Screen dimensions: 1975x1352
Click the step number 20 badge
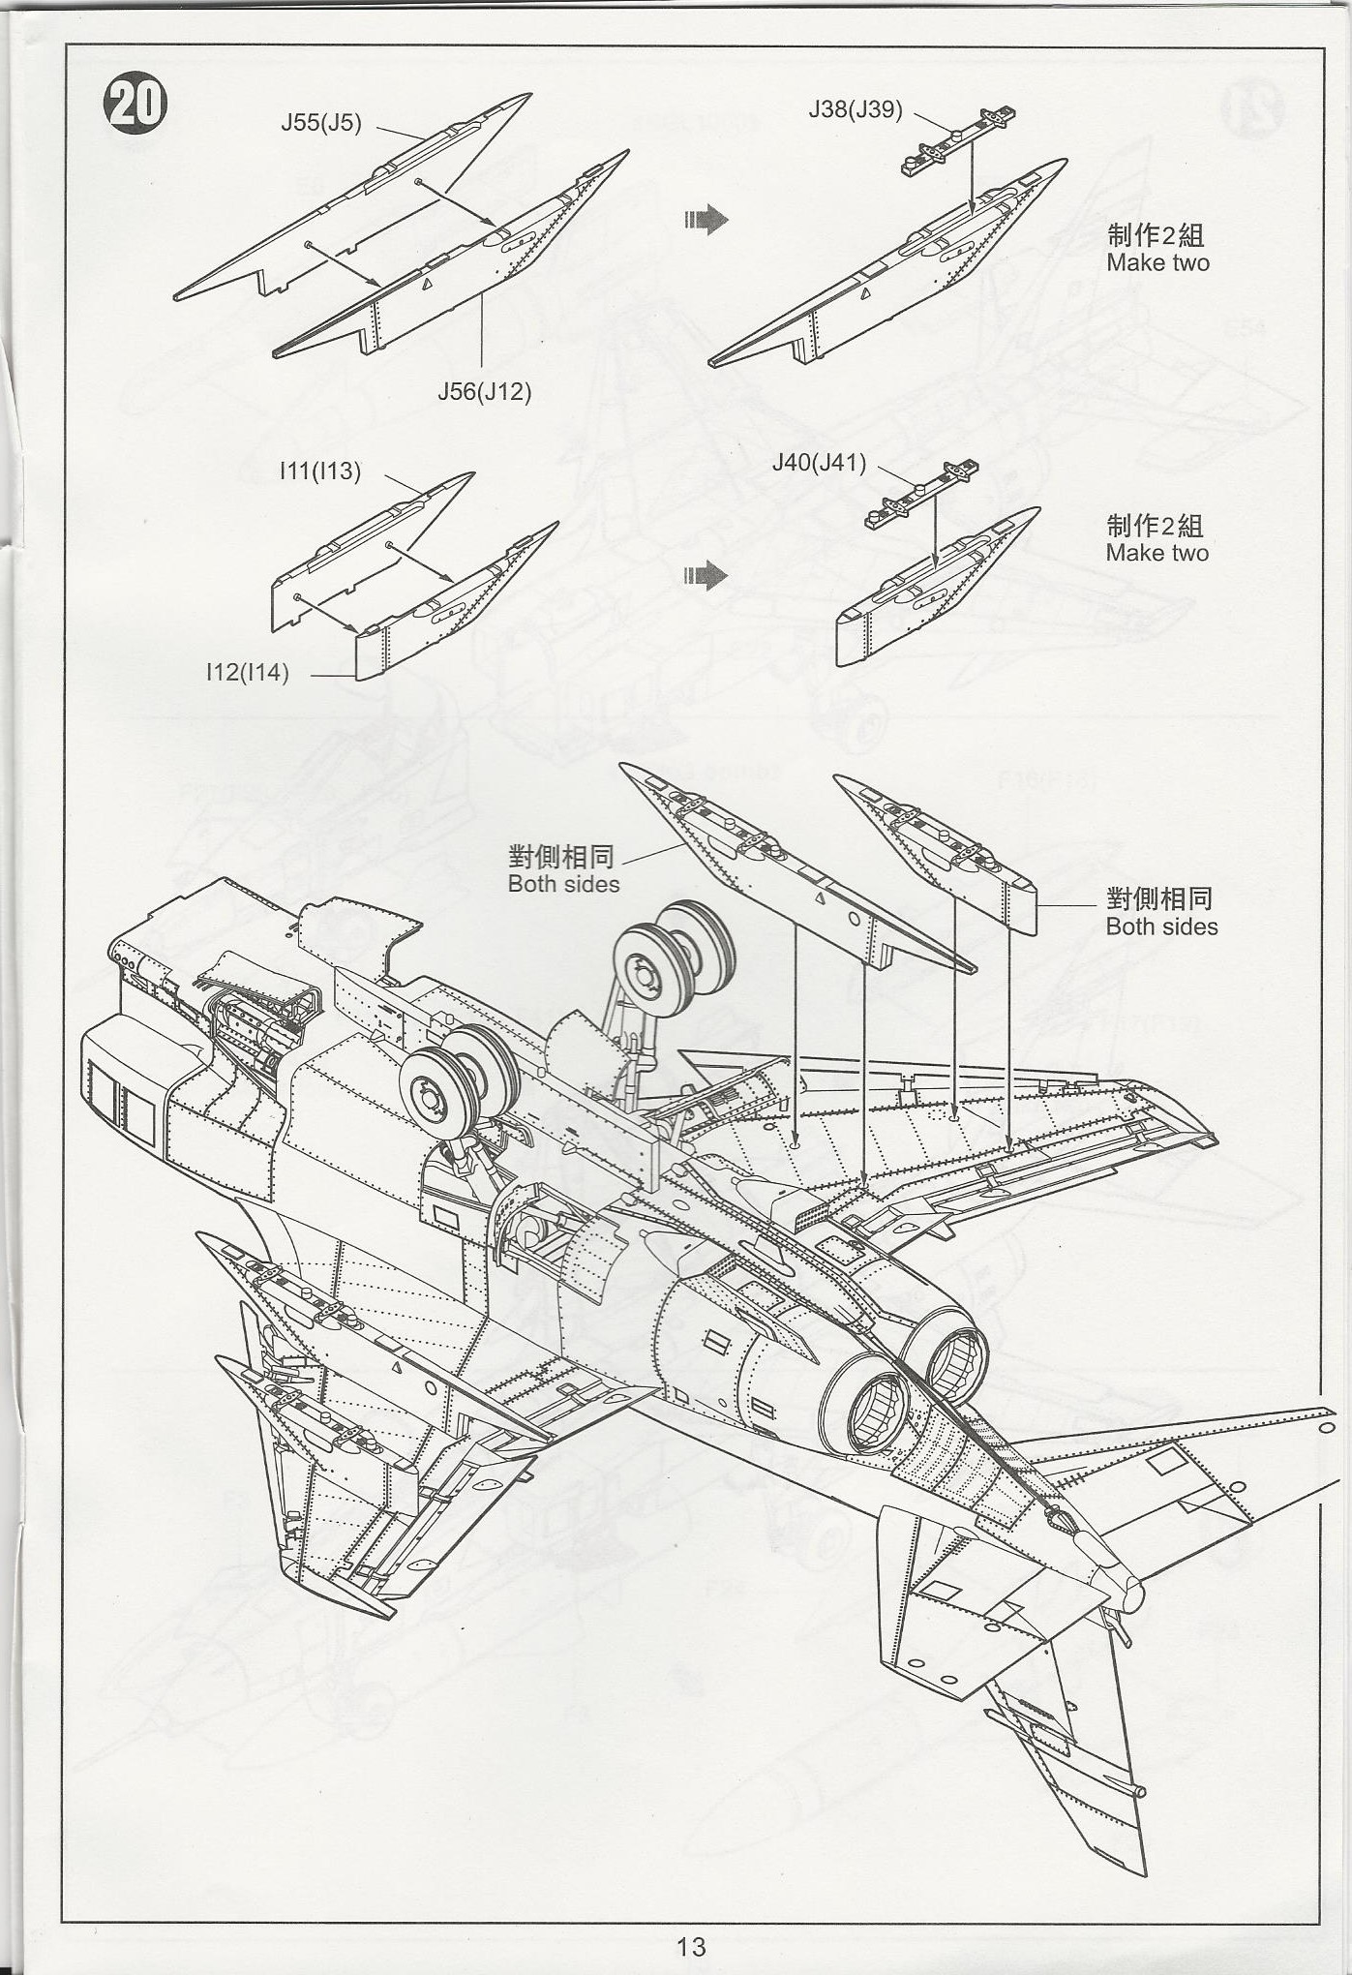point(135,104)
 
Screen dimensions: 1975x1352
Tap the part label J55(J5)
point(321,123)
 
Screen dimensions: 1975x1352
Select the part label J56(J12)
point(485,391)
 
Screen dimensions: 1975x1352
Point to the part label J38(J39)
point(856,109)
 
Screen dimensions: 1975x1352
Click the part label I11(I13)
point(320,471)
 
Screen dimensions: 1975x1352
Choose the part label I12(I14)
point(248,672)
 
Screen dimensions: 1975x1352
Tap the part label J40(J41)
point(819,463)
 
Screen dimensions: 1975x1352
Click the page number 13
point(691,1946)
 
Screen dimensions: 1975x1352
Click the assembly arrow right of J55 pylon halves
point(706,220)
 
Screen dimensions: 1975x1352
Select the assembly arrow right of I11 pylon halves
point(706,575)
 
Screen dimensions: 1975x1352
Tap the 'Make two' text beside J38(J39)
point(1157,262)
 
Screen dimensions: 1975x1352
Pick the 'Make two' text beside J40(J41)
point(1157,553)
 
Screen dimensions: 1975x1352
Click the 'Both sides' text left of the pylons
point(563,884)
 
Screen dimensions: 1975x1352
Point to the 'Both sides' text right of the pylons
point(1161,927)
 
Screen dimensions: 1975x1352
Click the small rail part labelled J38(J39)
point(958,140)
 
